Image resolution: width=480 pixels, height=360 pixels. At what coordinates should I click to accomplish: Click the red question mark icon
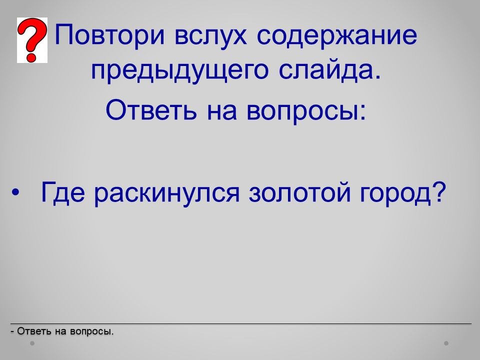click(32, 40)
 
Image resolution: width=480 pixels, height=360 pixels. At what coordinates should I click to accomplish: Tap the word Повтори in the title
click(110, 35)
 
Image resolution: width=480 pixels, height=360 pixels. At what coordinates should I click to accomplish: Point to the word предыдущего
click(179, 71)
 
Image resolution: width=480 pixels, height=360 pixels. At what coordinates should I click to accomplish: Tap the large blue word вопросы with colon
click(305, 112)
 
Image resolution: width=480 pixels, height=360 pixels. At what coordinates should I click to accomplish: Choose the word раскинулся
click(167, 194)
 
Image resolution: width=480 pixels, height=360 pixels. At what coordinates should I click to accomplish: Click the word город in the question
click(395, 194)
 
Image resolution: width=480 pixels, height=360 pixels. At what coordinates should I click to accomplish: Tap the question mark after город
click(438, 191)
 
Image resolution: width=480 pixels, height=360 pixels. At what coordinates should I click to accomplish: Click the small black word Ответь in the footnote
click(34, 331)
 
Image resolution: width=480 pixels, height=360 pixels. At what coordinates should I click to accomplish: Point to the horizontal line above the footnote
click(241, 323)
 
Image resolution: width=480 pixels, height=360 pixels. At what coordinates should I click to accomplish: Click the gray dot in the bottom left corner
click(32, 343)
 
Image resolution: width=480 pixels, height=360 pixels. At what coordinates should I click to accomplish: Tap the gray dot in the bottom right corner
click(446, 343)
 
